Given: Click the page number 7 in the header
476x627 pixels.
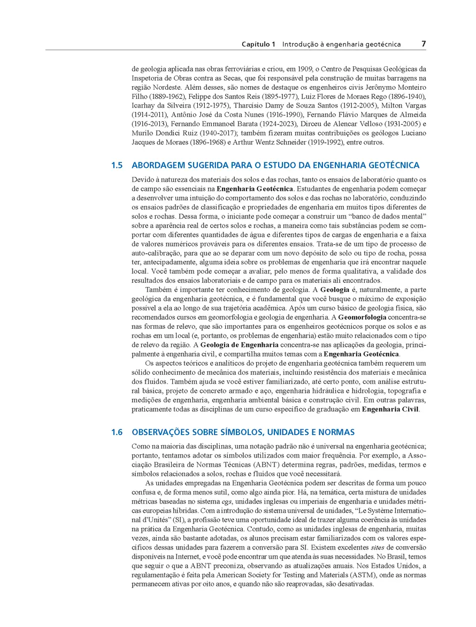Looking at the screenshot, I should point(423,44).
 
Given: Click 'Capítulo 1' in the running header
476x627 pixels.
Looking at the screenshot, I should point(258,44).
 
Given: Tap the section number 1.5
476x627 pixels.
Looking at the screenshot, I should point(117,165).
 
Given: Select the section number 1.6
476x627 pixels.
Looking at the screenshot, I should point(117,432).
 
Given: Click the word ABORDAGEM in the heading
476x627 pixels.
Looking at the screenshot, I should point(158,165).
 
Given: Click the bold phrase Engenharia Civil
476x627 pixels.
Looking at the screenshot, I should point(390,409).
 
